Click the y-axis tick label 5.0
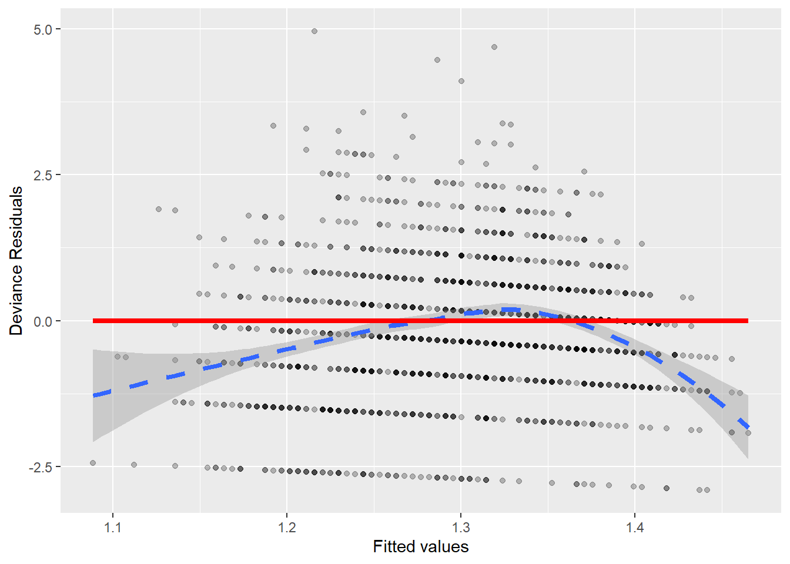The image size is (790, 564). pyautogui.click(x=43, y=29)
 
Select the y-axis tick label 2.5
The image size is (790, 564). pyautogui.click(x=43, y=175)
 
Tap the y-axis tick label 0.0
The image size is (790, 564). pyautogui.click(x=43, y=321)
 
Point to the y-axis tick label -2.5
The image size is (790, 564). pyautogui.click(x=41, y=467)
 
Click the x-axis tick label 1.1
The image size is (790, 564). pyautogui.click(x=113, y=527)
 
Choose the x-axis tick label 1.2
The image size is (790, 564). pyautogui.click(x=287, y=527)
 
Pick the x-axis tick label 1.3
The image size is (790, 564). pyautogui.click(x=461, y=527)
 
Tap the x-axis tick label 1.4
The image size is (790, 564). pyautogui.click(x=635, y=527)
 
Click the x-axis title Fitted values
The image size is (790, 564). pyautogui.click(x=421, y=547)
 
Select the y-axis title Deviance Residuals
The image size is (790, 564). pyautogui.click(x=16, y=261)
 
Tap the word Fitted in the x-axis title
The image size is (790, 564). pyautogui.click(x=393, y=547)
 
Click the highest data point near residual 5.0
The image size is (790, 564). pyautogui.click(x=314, y=31)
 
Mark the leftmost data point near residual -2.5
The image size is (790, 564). pyautogui.click(x=93, y=463)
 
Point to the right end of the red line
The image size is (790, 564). pyautogui.click(x=748, y=321)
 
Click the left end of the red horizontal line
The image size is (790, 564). pyautogui.click(x=93, y=321)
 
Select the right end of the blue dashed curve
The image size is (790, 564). pyautogui.click(x=748, y=427)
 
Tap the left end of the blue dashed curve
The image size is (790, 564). pyautogui.click(x=94, y=395)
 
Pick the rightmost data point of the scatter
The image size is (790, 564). pyautogui.click(x=748, y=433)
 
